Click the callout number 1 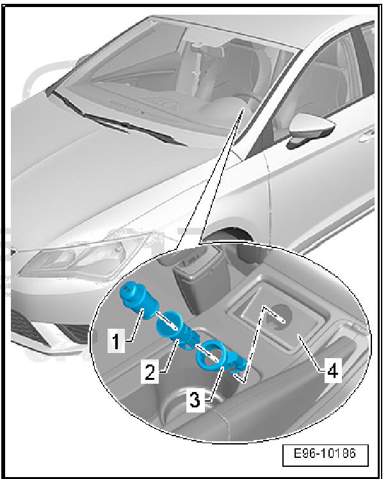[x=116, y=341]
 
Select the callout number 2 [x=150, y=371]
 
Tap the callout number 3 [x=195, y=400]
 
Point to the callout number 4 [x=333, y=372]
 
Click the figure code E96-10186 [x=325, y=453]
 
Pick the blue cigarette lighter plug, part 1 [x=140, y=301]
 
